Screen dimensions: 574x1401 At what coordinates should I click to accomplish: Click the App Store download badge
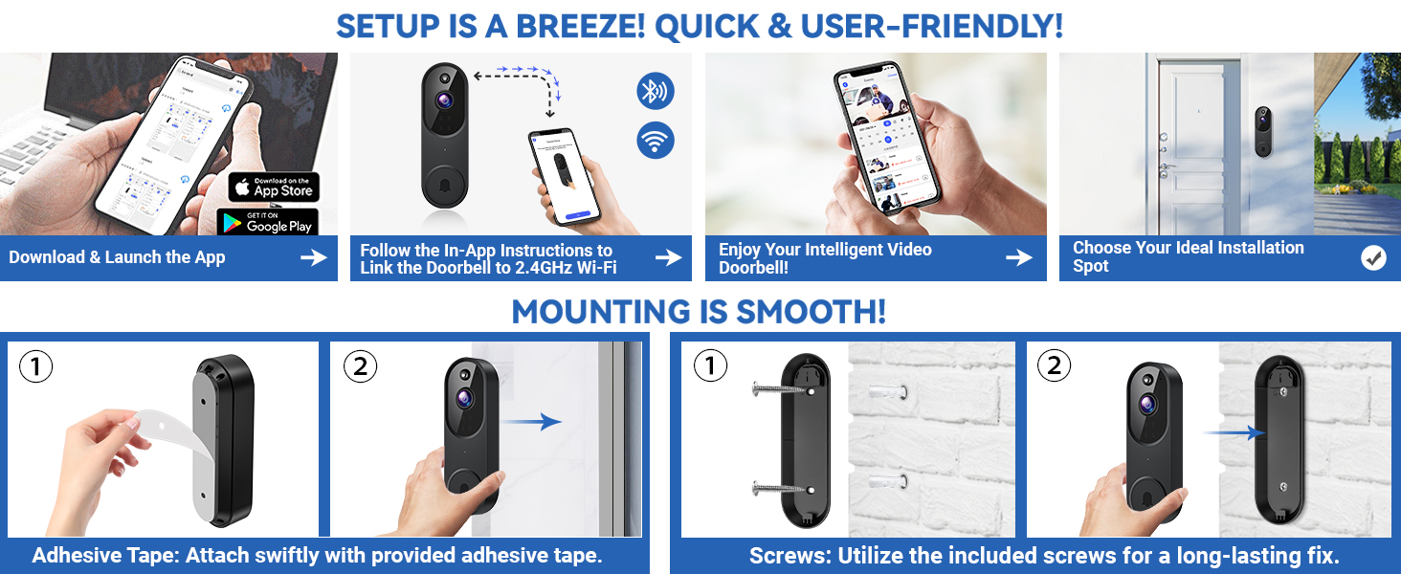pyautogui.click(x=274, y=187)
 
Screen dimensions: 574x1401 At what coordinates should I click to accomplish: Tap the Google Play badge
pyautogui.click(x=268, y=222)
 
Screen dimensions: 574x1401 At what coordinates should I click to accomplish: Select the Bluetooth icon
pyautogui.click(x=656, y=92)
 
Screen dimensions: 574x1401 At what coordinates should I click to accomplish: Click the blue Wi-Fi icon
pyautogui.click(x=656, y=141)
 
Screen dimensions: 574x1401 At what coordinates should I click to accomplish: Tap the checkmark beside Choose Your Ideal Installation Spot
pyautogui.click(x=1373, y=257)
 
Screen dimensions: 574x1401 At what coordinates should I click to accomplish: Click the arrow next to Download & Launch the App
pyautogui.click(x=313, y=257)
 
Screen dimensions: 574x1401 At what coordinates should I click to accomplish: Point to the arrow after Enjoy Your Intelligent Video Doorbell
pyautogui.click(x=1019, y=257)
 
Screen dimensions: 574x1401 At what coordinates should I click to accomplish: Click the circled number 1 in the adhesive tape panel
pyautogui.click(x=35, y=367)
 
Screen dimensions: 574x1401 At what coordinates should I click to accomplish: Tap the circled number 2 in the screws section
pyautogui.click(x=1054, y=366)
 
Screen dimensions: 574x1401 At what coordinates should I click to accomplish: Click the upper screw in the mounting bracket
pyautogui.click(x=781, y=389)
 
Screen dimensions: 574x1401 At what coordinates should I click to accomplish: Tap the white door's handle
pyautogui.click(x=1166, y=169)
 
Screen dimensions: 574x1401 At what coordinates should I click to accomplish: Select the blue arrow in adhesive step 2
pyautogui.click(x=537, y=421)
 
